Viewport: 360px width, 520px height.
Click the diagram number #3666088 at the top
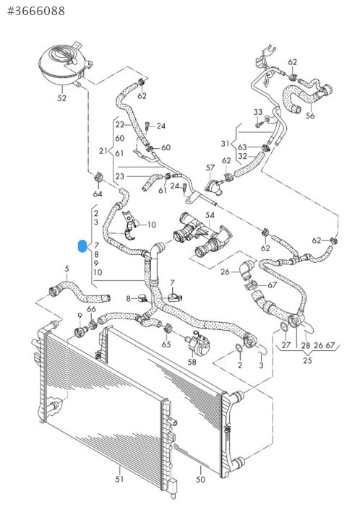click(36, 11)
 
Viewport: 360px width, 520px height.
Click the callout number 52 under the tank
click(62, 97)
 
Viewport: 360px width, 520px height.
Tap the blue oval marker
click(82, 246)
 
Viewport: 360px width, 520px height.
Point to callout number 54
click(210, 215)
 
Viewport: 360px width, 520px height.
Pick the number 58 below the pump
click(192, 362)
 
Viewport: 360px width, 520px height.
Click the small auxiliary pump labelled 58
click(197, 344)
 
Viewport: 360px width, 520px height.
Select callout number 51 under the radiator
click(119, 479)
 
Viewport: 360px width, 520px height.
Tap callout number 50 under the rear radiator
click(200, 480)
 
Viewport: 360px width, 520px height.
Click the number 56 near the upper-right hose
click(310, 116)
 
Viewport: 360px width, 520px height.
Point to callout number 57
click(210, 168)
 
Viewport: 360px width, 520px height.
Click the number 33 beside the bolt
click(258, 112)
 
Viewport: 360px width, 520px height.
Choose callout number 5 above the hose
click(67, 269)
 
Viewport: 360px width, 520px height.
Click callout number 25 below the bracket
click(307, 360)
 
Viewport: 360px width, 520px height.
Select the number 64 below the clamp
click(98, 194)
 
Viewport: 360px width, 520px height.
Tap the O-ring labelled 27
click(284, 326)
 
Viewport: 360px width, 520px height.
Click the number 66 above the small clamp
click(91, 309)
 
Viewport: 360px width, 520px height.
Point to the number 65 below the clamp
click(166, 344)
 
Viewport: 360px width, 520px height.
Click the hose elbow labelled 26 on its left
click(247, 269)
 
